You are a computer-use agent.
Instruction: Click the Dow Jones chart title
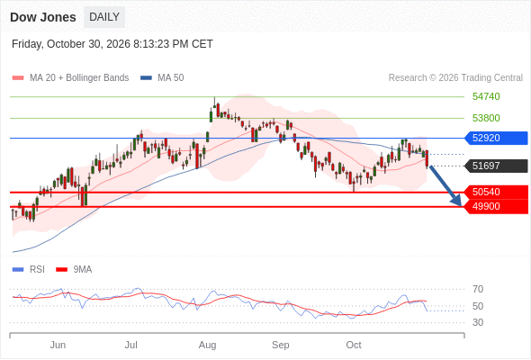[43, 17]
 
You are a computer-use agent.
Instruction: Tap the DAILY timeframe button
[104, 17]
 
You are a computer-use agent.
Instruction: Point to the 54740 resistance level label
[486, 96]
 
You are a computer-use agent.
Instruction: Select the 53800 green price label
[486, 118]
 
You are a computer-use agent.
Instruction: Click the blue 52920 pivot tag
[496, 139]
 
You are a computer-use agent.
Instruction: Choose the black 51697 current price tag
[496, 166]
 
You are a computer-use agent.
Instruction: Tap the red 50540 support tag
[496, 192]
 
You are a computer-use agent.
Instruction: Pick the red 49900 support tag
[496, 207]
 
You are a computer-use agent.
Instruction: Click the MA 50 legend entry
[162, 78]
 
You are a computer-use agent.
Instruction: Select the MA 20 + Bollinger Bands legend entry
[70, 78]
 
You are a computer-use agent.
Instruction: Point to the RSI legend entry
[29, 270]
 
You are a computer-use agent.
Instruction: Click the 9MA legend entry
[74, 270]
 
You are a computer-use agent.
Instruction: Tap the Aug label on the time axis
[207, 345]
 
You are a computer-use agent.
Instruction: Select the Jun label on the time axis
[58, 345]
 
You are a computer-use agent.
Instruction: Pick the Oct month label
[354, 345]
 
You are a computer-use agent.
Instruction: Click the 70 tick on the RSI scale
[478, 289]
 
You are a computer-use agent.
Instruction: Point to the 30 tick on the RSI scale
[478, 322]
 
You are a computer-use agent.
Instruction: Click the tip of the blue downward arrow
[461, 205]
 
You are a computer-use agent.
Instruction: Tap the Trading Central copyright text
[455, 78]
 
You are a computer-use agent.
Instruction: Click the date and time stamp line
[112, 44]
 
